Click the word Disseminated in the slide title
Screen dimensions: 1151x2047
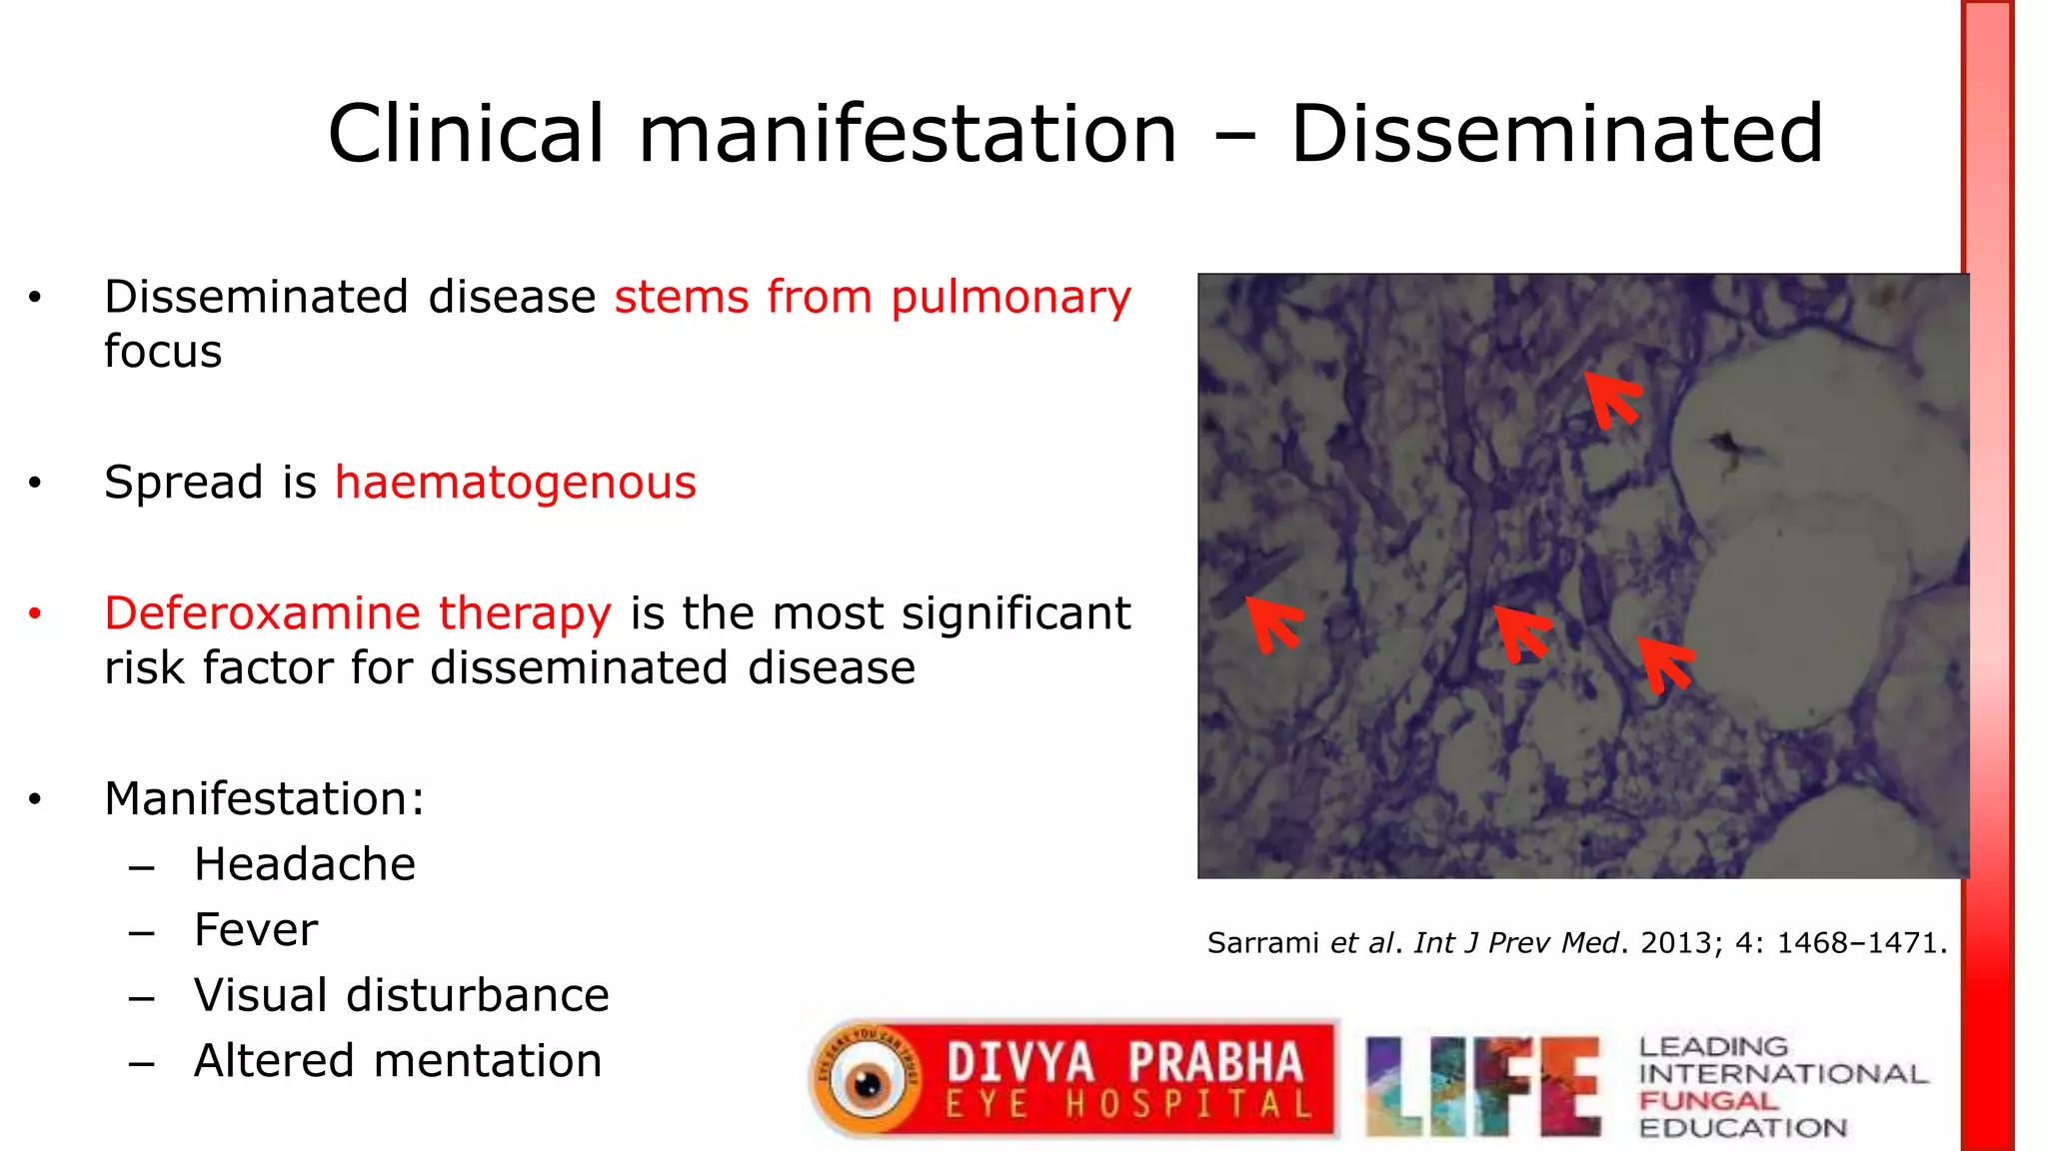pos(1556,134)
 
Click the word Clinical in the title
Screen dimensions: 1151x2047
pos(466,134)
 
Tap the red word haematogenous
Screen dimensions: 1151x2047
pos(515,483)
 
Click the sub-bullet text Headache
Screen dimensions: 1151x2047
pos(305,864)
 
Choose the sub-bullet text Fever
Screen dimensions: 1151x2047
pos(256,930)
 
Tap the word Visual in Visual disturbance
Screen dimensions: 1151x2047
pos(261,995)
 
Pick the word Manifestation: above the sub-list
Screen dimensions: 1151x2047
pos(265,799)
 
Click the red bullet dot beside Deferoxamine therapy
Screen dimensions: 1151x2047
pos(35,613)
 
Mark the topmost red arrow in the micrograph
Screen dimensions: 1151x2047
pos(1612,397)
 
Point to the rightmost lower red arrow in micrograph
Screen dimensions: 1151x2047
pos(1663,663)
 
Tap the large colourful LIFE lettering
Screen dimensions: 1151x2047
pos(1482,1086)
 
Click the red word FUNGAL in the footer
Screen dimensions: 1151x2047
pos(1708,1101)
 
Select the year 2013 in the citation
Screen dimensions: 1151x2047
pos(1682,943)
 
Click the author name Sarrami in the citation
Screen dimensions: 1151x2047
pos(1263,943)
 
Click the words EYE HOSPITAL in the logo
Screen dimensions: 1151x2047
pos(1128,1105)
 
